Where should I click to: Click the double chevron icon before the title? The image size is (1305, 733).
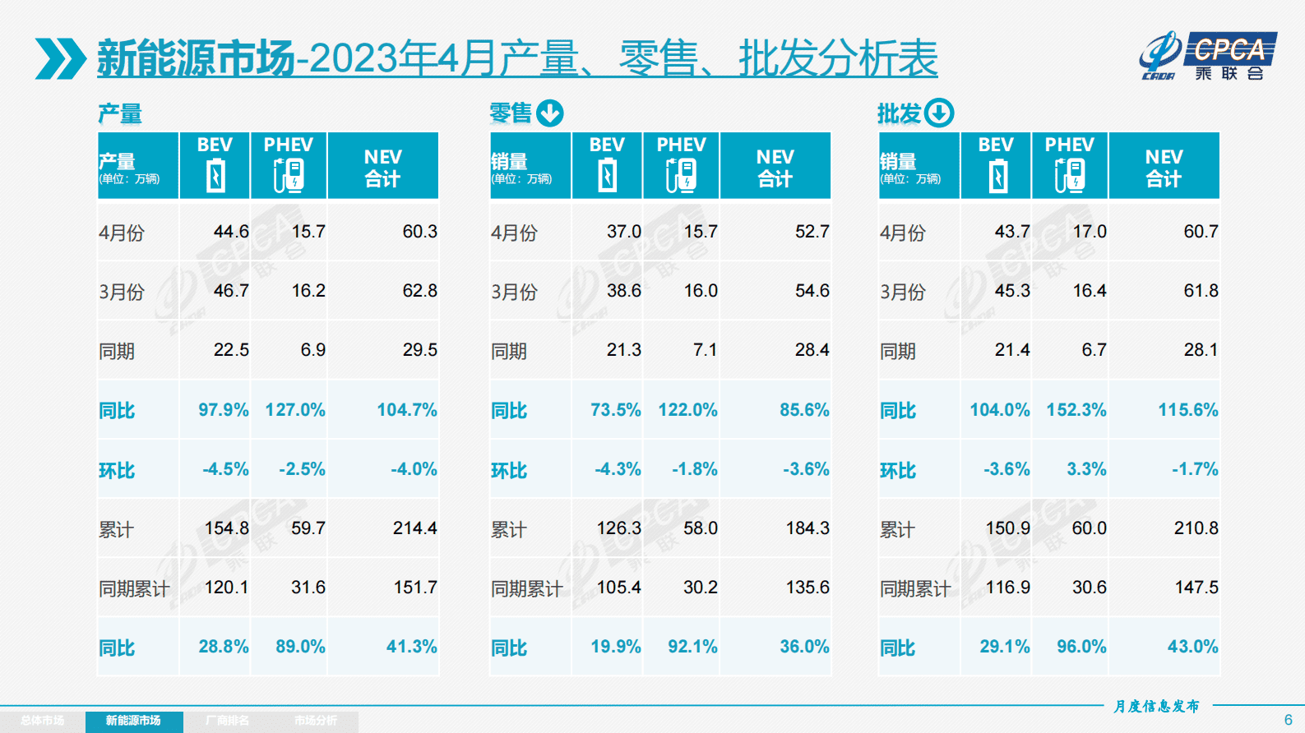coord(60,58)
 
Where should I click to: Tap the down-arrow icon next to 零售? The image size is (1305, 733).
coord(550,113)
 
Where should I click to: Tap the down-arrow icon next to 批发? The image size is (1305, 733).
coord(938,113)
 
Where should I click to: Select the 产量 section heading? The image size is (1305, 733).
coord(120,113)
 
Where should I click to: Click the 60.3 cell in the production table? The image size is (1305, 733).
coord(419,232)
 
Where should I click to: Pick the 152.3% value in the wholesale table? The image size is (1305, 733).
coord(1076,409)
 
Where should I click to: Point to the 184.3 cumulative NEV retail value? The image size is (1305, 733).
coord(807,528)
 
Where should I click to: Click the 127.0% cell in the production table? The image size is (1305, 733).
coord(294,409)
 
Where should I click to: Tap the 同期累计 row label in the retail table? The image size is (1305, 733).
coord(526,588)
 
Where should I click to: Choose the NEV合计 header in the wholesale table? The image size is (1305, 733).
coord(1164,167)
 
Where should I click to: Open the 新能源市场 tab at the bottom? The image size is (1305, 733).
coord(133,721)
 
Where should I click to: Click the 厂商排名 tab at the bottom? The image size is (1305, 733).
coord(227,721)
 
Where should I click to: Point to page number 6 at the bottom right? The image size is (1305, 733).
coord(1288,720)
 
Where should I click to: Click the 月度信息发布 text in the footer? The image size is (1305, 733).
coord(1156,706)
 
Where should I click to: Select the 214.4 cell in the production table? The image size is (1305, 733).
coord(414,528)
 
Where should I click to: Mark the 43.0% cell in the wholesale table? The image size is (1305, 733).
coord(1192,647)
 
